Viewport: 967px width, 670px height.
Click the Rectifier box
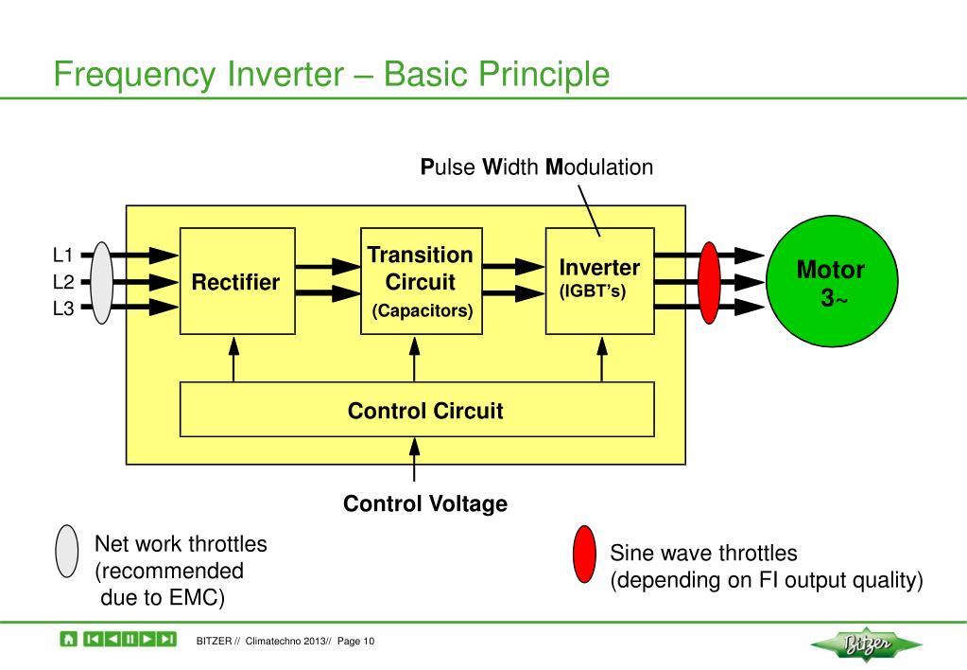[237, 282]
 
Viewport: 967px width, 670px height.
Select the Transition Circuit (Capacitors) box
[422, 282]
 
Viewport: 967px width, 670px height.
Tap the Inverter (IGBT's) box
[600, 282]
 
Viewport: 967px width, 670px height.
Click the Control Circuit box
[417, 410]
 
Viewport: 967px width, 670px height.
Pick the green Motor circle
[832, 281]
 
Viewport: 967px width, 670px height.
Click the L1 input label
[63, 255]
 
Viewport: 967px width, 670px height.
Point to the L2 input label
[63, 282]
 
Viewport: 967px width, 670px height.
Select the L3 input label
[63, 308]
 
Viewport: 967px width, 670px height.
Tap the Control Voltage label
[425, 503]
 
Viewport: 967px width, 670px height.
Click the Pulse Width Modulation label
[537, 167]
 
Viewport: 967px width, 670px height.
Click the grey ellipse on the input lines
[102, 283]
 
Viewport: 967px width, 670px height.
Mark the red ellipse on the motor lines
[709, 283]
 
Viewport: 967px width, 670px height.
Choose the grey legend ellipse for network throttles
[66, 552]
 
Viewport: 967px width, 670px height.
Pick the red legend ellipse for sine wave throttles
[584, 555]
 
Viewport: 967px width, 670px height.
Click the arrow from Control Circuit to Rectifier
[233, 359]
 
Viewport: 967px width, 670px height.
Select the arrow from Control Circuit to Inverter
[602, 359]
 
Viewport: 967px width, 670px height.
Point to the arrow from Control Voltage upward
[414, 459]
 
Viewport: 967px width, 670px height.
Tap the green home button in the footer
[68, 639]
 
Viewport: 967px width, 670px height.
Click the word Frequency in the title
[135, 76]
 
